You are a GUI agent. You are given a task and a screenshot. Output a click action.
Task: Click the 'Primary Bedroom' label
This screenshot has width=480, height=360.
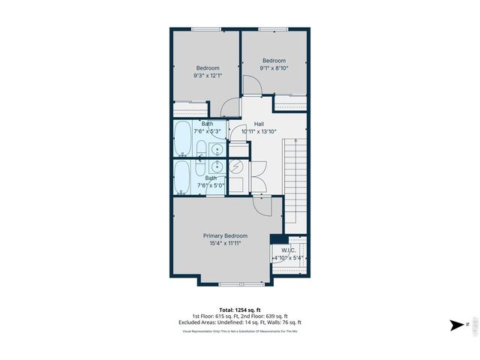(225, 235)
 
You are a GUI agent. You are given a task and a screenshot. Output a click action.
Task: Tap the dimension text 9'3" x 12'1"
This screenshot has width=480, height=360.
(208, 75)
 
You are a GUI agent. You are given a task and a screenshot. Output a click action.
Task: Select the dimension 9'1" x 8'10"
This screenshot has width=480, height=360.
(274, 68)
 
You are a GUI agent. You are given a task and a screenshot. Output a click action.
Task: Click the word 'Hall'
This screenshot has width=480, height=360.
(259, 124)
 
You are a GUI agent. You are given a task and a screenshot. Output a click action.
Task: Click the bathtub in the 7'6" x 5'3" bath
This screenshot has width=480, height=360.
(184, 137)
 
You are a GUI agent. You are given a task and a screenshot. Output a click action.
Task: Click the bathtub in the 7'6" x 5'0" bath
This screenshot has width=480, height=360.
(184, 177)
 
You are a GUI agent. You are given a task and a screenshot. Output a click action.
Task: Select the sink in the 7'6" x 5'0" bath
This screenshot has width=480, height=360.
(216, 166)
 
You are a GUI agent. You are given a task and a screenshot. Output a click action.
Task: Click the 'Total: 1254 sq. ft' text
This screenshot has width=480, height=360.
(239, 310)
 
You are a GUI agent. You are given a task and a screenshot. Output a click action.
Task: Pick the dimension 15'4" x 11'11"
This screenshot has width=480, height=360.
(225, 244)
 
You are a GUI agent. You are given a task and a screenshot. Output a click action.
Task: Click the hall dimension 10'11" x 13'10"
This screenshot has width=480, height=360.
(259, 132)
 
